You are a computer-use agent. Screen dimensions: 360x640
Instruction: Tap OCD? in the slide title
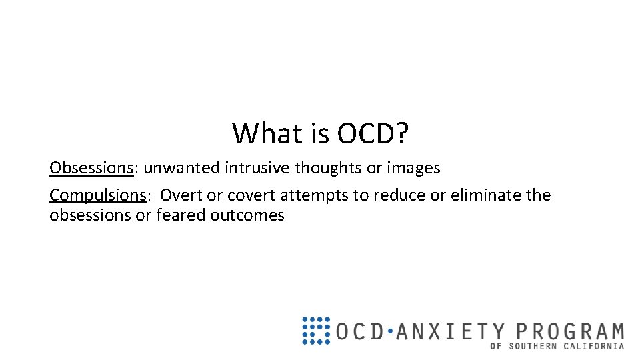[373, 133]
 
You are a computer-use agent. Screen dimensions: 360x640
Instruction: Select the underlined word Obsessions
[91, 168]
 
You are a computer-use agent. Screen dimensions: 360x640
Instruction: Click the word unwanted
[182, 168]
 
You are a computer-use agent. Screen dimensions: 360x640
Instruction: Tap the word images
[416, 168]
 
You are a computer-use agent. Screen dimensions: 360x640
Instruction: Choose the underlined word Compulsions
[97, 195]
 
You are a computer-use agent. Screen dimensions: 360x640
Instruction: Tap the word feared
[181, 215]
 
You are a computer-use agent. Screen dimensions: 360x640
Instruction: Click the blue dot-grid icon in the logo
[315, 331]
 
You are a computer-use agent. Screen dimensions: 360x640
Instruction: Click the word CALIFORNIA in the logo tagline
[595, 347]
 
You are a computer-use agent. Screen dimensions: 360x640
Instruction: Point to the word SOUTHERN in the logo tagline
[537, 347]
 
